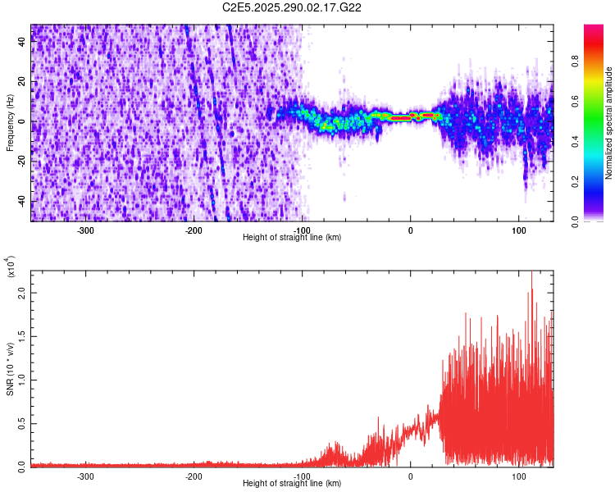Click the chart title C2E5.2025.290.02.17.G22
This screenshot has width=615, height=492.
coord(293,7)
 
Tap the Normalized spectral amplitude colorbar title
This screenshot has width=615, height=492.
coord(609,123)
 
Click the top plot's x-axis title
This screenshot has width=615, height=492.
coord(292,237)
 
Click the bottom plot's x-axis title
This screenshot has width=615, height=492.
coord(292,483)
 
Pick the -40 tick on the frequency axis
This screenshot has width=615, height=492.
coord(21,202)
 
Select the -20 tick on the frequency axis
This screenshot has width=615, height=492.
coord(21,162)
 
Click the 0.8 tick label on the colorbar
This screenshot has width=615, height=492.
coord(576,60)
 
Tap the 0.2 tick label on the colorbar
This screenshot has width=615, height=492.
coord(576,181)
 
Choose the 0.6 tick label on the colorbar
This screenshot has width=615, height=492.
coord(576,100)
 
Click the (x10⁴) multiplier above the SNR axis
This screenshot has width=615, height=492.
coord(11,267)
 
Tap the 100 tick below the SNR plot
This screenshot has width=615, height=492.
coord(518,476)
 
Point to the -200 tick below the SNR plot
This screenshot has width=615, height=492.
coord(194,476)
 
